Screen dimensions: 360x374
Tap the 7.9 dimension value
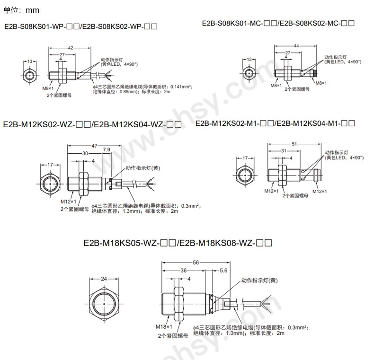[x=107, y=150]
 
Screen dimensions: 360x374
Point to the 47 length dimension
[x=95, y=146]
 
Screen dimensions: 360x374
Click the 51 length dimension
[x=294, y=144]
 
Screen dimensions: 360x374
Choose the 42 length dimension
[x=70, y=48]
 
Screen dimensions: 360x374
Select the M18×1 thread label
[x=162, y=327]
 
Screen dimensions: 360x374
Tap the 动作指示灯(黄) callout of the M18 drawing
[x=259, y=281]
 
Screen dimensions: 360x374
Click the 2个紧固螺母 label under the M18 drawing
[x=172, y=336]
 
